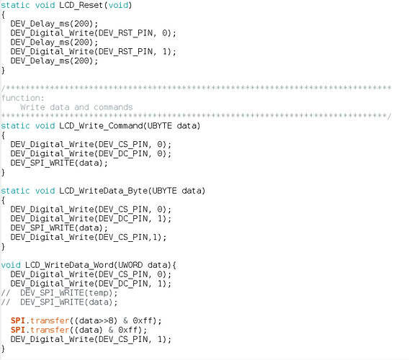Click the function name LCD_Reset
pyautogui.click(x=81, y=5)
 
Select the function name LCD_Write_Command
pyautogui.click(x=101, y=126)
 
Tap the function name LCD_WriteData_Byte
pyautogui.click(x=104, y=191)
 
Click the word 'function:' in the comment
pyautogui.click(x=23, y=98)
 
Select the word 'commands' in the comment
pyautogui.click(x=113, y=107)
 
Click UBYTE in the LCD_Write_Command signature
pyautogui.click(x=160, y=126)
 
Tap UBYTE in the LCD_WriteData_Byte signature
pyautogui.click(x=165, y=191)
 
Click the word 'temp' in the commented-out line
pyautogui.click(x=99, y=293)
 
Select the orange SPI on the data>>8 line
pyautogui.click(x=18, y=320)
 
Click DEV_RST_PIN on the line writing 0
pyautogui.click(x=125, y=33)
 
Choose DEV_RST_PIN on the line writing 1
pyautogui.click(x=125, y=52)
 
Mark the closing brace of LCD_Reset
pyautogui.click(x=3, y=71)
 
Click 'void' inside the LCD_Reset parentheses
pyautogui.click(x=118, y=5)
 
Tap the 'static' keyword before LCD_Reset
pyautogui.click(x=15, y=5)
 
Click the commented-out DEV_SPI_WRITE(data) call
pyautogui.click(x=69, y=302)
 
